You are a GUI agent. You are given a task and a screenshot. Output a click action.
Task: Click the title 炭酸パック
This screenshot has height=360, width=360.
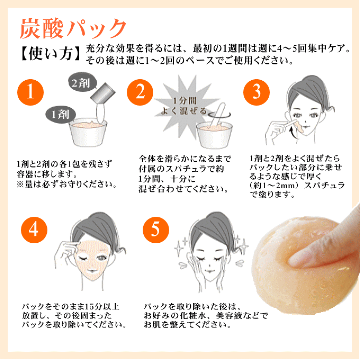click(73, 28)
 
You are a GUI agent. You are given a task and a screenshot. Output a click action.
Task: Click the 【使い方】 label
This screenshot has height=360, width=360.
click(50, 54)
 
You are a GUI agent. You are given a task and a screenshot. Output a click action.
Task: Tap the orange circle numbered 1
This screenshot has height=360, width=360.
click(30, 92)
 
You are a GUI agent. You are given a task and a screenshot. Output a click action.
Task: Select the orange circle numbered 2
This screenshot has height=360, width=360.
click(140, 92)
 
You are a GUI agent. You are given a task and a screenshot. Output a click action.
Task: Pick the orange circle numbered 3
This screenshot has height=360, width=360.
click(256, 92)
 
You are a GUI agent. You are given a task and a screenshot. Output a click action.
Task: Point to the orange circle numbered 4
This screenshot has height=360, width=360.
click(34, 230)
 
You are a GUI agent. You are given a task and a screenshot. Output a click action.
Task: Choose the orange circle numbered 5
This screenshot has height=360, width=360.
click(156, 230)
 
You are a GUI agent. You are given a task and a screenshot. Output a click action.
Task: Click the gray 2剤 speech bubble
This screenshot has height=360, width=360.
click(83, 82)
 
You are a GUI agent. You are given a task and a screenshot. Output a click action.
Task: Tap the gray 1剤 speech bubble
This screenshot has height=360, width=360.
click(61, 114)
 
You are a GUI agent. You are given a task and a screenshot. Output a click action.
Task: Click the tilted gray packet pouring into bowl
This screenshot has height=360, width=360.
click(103, 93)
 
